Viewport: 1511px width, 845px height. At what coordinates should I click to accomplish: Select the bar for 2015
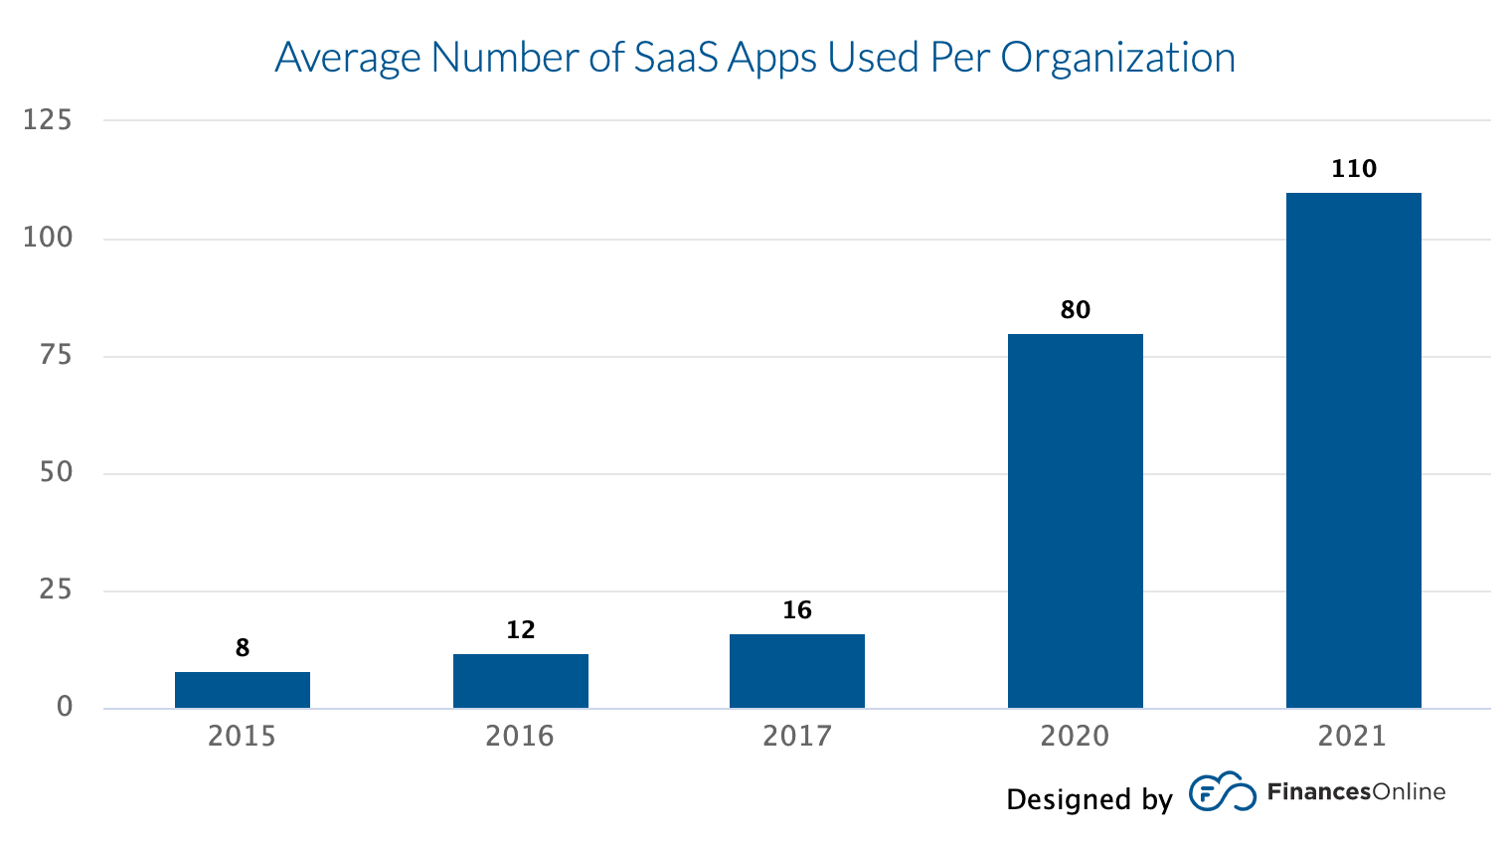[243, 690]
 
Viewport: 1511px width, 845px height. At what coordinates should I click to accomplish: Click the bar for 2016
[520, 681]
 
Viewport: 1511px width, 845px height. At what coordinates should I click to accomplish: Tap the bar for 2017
[797, 671]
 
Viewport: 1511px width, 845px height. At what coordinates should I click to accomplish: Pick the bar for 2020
[1075, 521]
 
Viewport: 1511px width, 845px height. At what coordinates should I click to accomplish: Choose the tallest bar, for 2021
[1353, 450]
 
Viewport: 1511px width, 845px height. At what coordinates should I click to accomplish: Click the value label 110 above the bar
[1353, 169]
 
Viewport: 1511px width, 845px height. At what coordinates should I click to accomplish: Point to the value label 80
[1075, 310]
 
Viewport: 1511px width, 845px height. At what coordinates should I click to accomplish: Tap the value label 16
[797, 610]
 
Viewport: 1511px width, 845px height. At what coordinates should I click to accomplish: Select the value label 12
[520, 630]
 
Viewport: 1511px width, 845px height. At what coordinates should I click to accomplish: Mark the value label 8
[243, 648]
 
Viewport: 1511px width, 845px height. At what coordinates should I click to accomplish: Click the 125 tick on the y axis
[49, 120]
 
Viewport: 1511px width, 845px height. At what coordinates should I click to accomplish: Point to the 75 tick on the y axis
[57, 355]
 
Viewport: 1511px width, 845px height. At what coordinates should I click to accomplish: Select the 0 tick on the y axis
[65, 707]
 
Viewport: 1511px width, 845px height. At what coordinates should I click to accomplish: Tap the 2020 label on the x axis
[1075, 737]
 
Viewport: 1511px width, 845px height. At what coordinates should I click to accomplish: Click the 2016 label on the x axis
[520, 737]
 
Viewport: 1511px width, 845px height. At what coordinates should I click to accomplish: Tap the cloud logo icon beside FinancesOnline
[1222, 791]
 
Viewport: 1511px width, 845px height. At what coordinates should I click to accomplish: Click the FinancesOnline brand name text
[1356, 792]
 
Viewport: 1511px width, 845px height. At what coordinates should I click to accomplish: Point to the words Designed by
[1089, 799]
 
